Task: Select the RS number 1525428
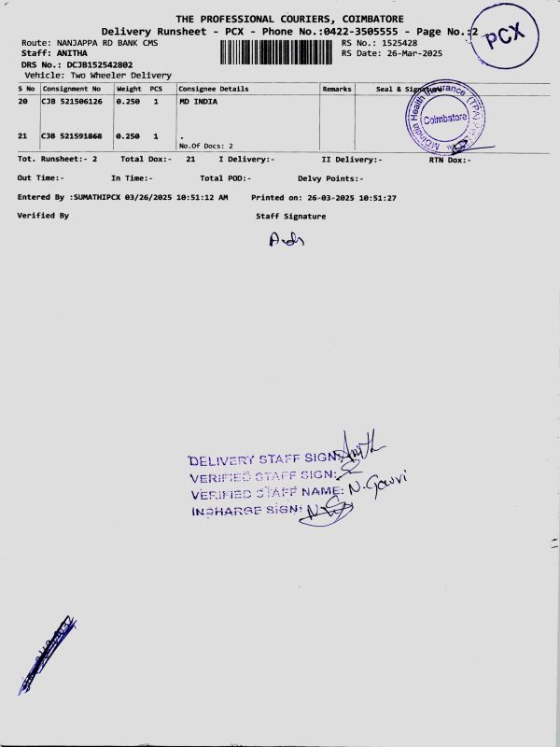(x=393, y=43)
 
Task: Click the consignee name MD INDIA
(x=198, y=102)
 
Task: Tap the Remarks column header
(x=336, y=89)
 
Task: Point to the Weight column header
(x=128, y=89)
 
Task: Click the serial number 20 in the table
(x=23, y=102)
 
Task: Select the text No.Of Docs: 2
(x=205, y=146)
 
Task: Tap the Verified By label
(x=43, y=216)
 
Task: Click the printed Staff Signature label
(x=290, y=217)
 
